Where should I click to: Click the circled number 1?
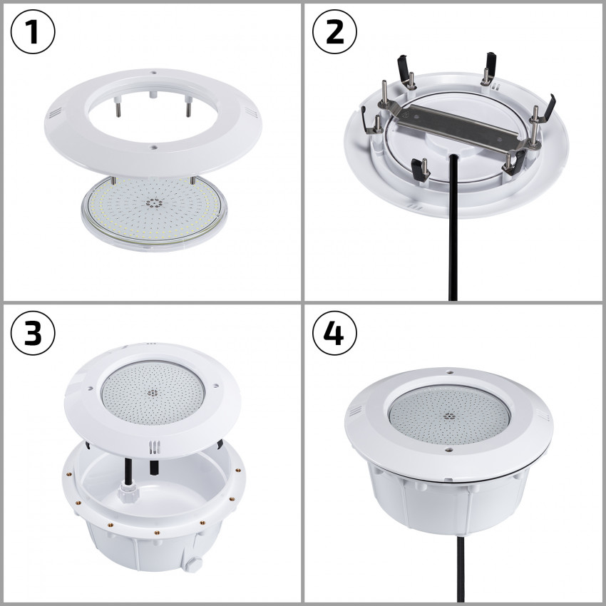[33, 32]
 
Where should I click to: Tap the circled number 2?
[335, 32]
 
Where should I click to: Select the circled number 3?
[33, 333]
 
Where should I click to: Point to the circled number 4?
[335, 333]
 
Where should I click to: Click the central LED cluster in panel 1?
[153, 202]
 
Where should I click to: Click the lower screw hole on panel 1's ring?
[153, 147]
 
